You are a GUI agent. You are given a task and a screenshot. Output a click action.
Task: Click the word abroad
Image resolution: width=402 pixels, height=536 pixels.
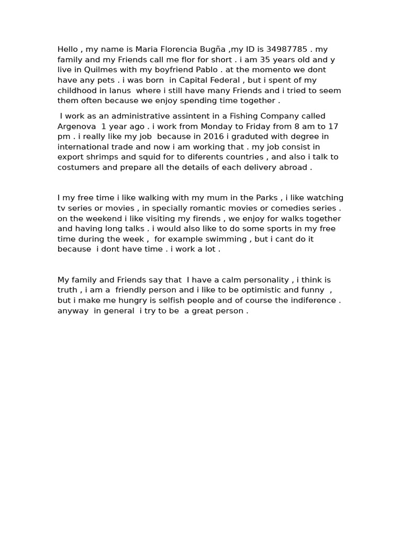(x=293, y=167)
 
